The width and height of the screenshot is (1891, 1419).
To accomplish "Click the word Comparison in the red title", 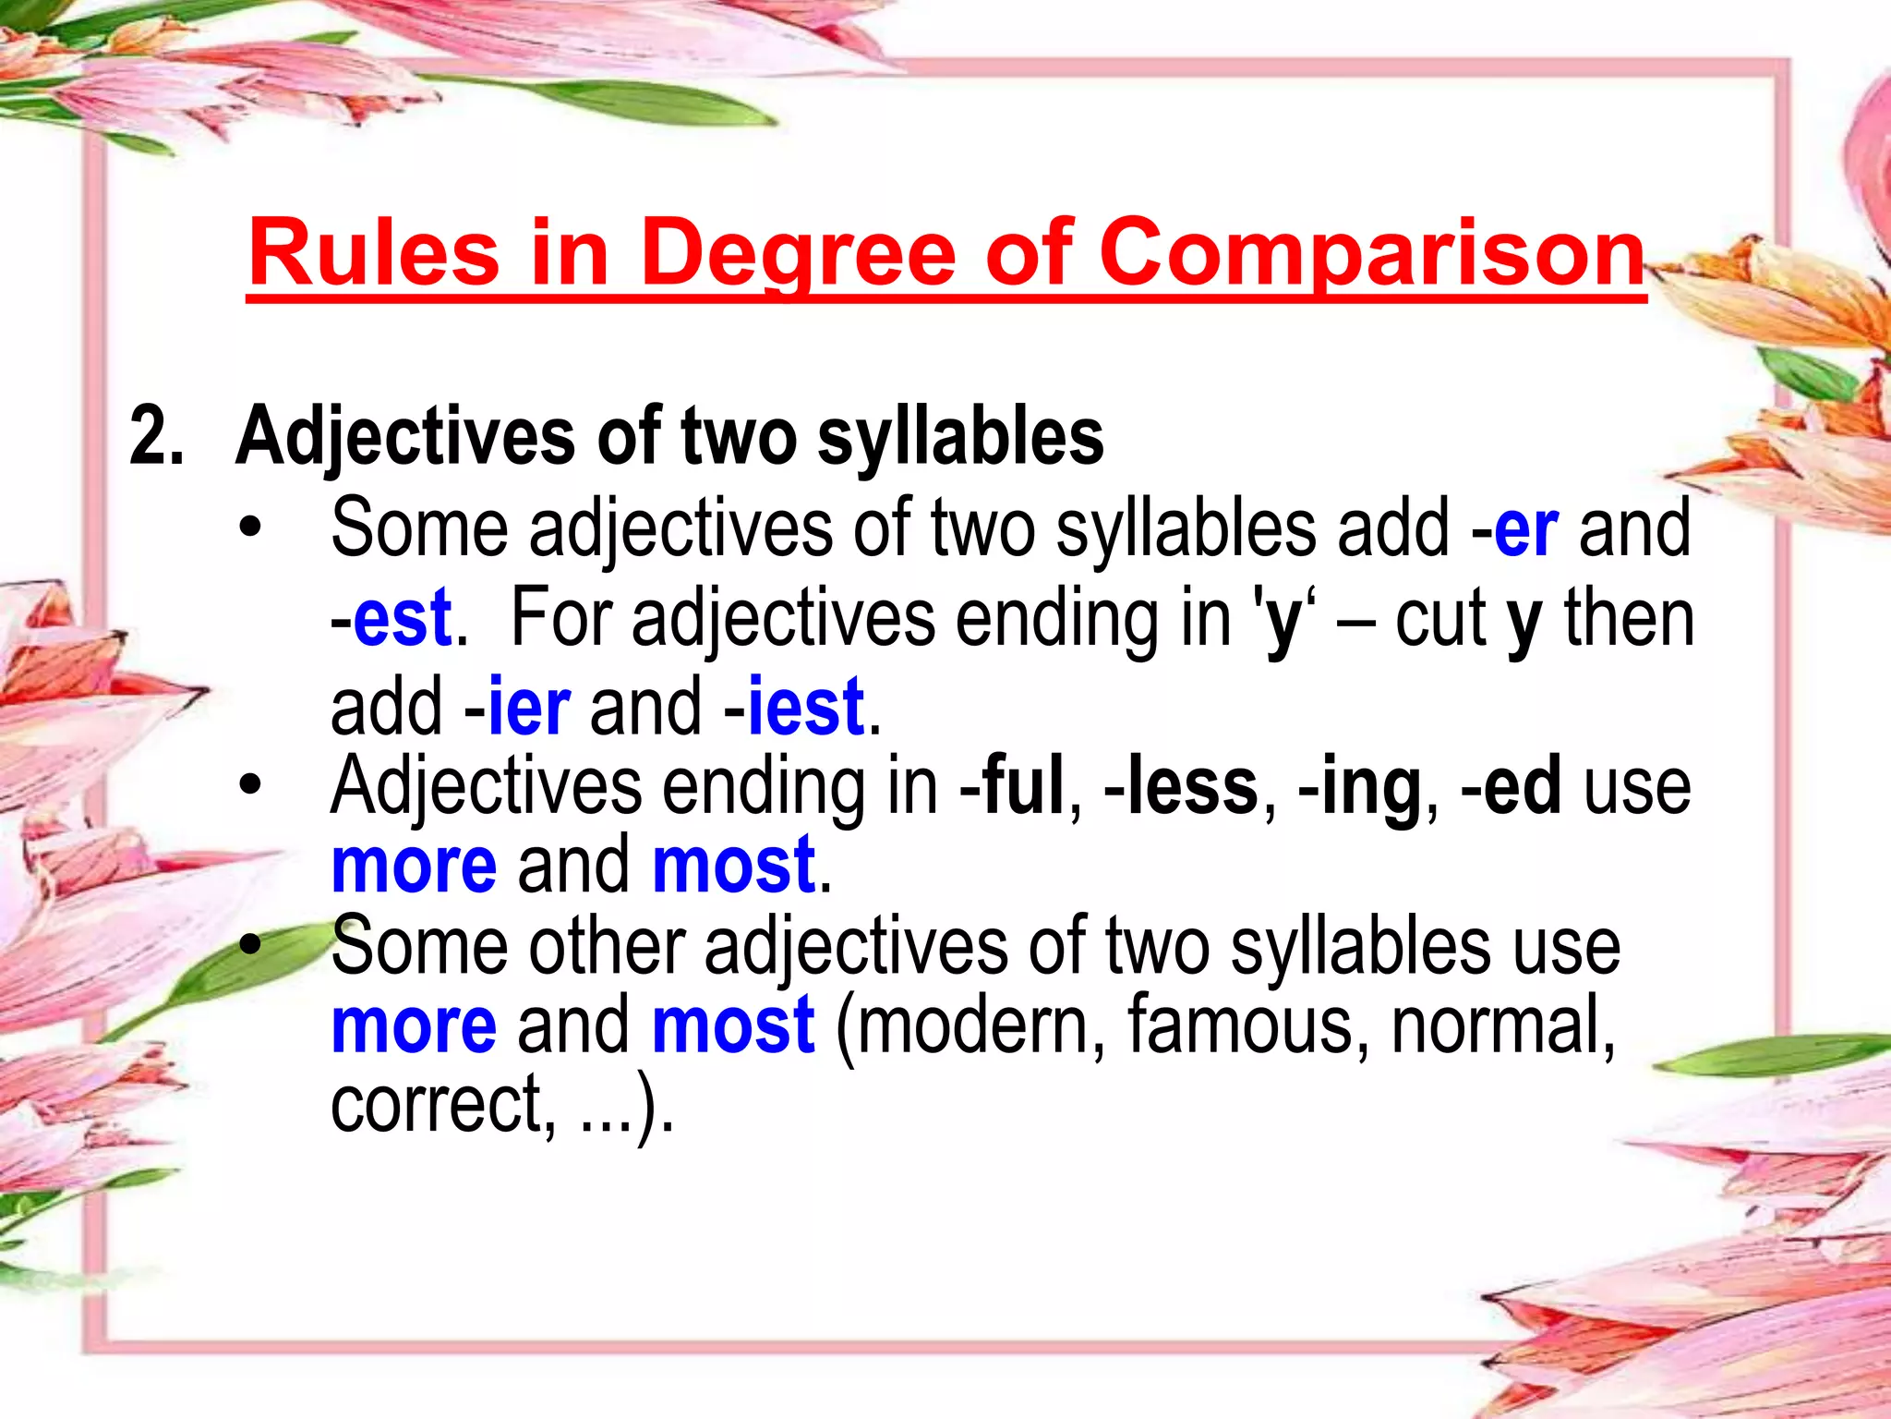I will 1372,253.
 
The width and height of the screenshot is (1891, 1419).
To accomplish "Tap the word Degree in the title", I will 798,253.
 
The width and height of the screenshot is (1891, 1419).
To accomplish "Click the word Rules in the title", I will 373,253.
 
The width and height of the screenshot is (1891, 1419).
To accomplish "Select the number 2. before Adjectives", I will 157,436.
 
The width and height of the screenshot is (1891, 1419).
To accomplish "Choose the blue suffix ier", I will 528,707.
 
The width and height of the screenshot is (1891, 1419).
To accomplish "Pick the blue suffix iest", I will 806,707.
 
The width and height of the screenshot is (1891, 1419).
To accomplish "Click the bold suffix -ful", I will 1013,787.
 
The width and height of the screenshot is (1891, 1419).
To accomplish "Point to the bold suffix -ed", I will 1512,787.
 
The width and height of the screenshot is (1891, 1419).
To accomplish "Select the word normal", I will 1502,1025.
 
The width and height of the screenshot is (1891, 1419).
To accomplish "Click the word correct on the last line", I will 440,1105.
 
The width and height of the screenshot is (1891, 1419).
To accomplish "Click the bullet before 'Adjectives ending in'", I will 249,785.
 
